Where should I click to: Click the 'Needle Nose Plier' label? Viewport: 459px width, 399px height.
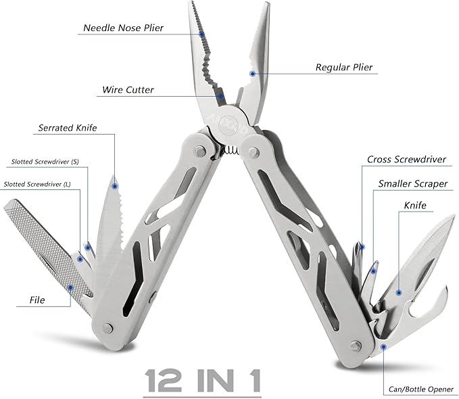tap(123, 28)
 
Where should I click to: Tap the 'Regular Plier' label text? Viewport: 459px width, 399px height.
tap(344, 68)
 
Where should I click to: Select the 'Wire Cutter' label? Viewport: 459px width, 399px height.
tap(128, 89)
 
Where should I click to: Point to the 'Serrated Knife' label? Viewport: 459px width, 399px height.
tap(68, 127)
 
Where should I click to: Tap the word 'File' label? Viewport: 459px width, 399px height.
tap(37, 299)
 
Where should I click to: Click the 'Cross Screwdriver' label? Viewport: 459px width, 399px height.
tap(406, 160)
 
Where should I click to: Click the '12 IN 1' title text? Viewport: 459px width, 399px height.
tap(203, 380)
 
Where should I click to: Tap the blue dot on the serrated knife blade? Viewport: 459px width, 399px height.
tap(115, 184)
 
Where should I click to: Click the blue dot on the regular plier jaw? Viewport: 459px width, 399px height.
tap(253, 73)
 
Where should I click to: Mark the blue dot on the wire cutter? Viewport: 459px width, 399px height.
tap(220, 97)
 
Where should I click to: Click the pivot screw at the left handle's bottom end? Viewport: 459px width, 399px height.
tap(107, 328)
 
